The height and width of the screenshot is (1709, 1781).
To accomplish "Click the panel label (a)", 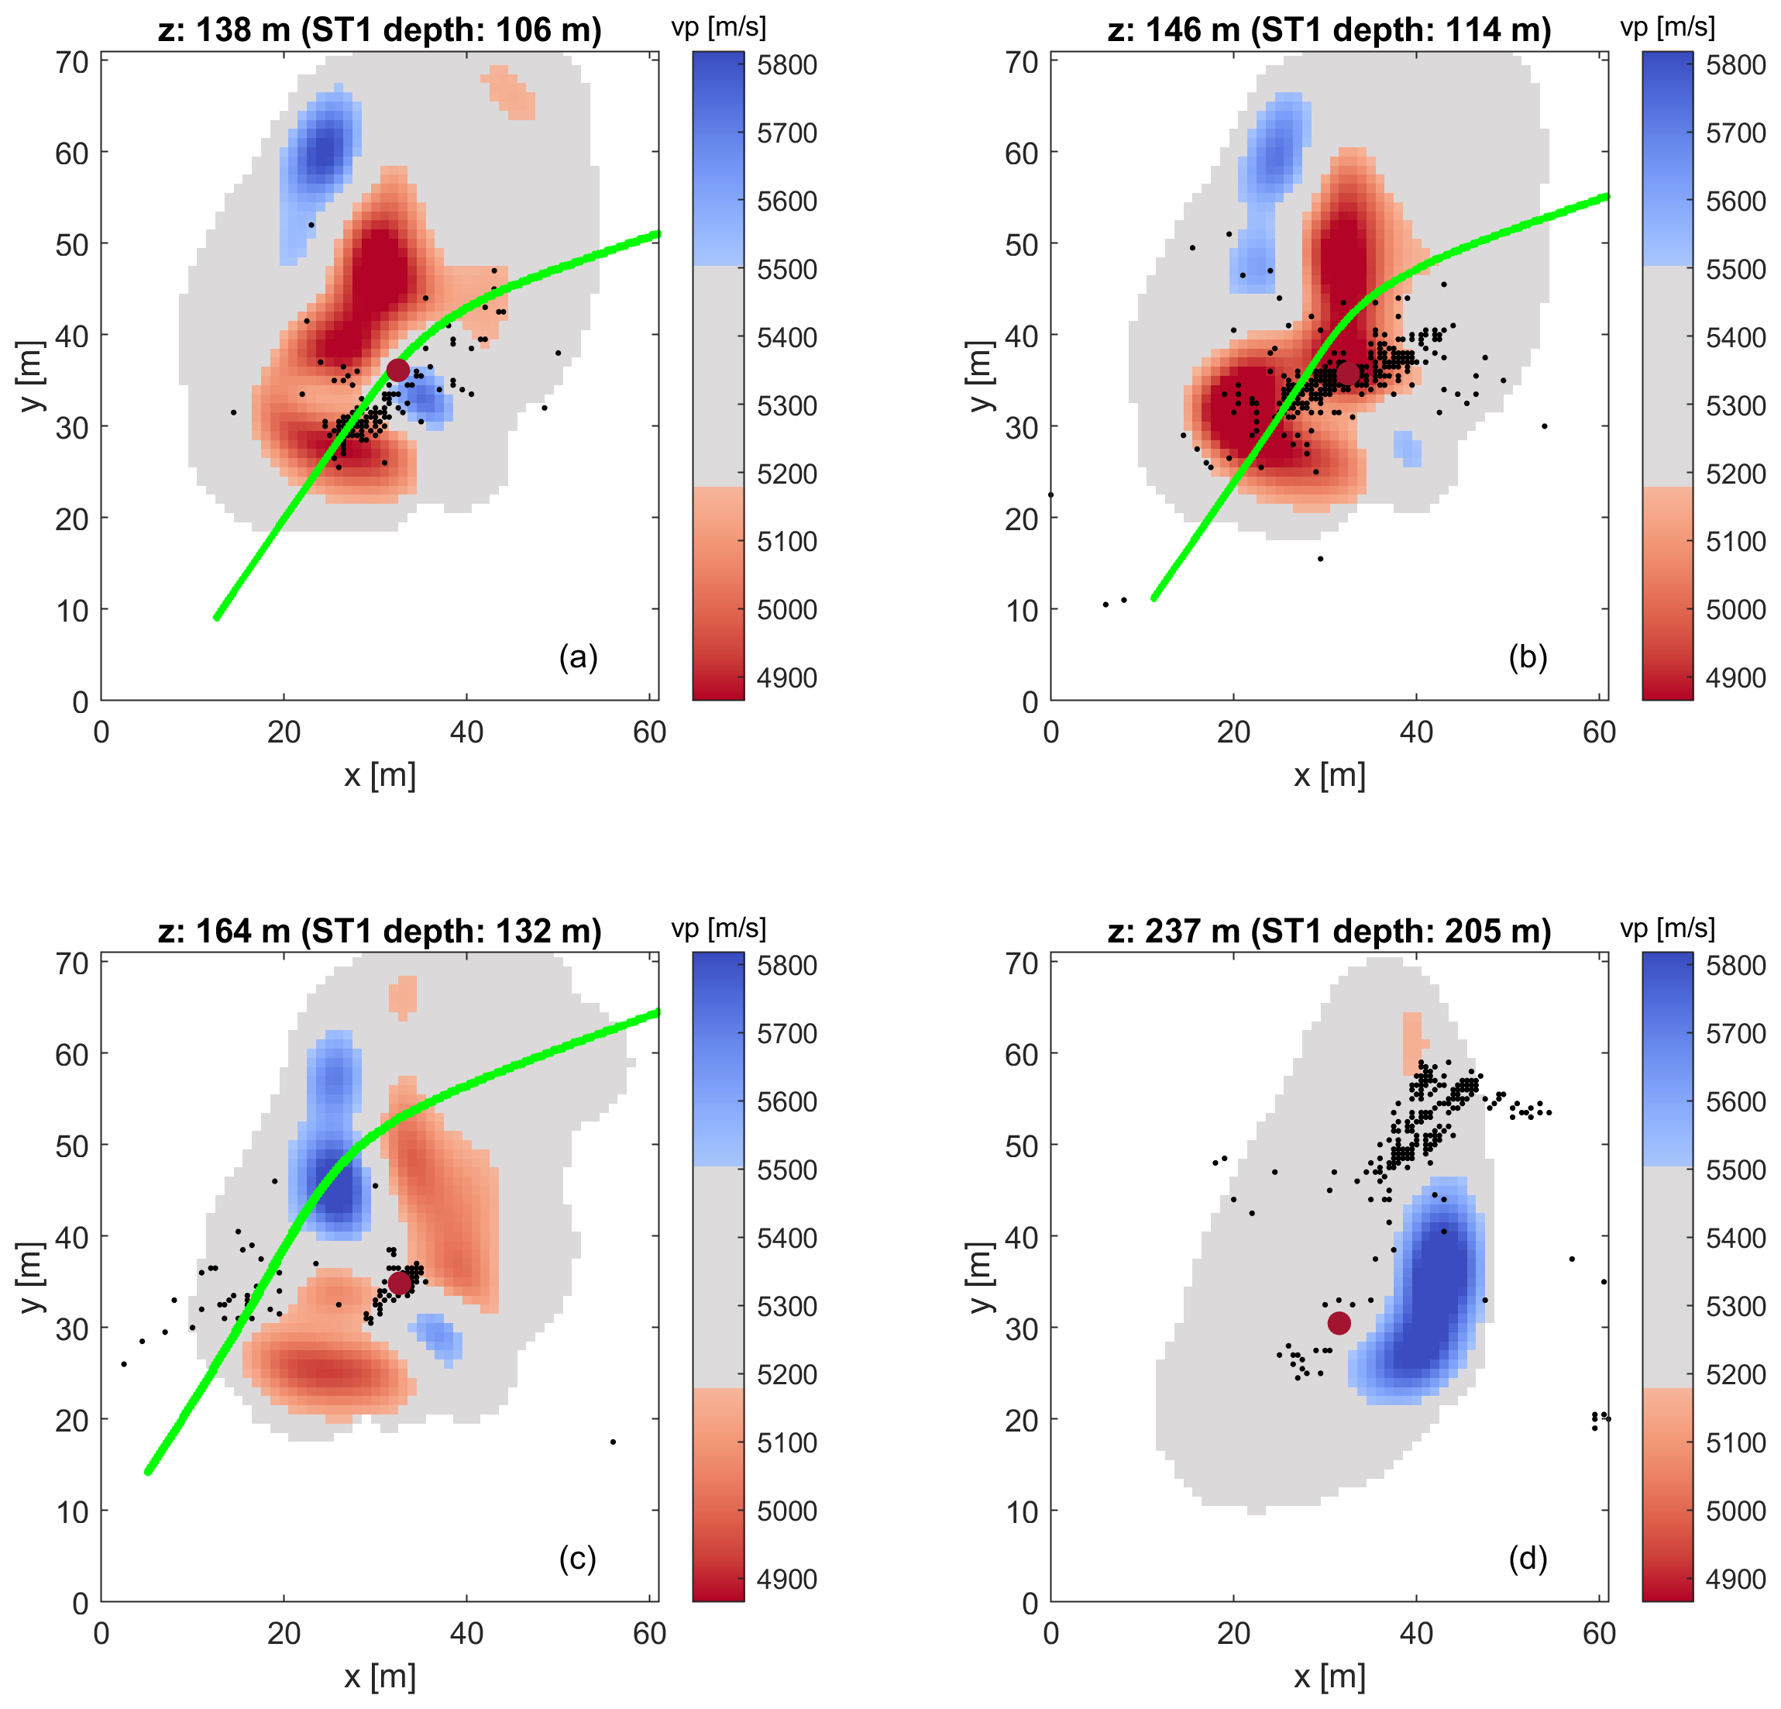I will (578, 656).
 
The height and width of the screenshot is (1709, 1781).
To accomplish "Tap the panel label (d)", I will (1528, 1557).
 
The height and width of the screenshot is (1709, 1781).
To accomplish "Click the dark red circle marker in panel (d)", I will (1339, 1323).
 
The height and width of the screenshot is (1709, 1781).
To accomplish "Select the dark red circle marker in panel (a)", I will (398, 370).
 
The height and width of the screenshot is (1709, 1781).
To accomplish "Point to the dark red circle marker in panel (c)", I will (399, 1283).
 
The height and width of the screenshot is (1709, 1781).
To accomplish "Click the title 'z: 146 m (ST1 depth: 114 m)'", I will (1329, 30).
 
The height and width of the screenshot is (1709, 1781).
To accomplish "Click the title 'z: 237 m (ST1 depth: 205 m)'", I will (1329, 931).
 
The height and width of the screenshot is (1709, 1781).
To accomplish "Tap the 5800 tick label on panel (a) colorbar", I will (787, 65).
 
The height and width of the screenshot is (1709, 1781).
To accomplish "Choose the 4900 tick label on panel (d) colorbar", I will (1735, 1579).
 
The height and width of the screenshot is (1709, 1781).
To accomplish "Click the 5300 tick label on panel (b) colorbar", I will (1735, 405).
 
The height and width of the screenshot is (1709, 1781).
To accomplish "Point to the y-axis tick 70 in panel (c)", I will (72, 963).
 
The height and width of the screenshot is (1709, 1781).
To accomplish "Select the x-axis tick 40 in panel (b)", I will (1415, 732).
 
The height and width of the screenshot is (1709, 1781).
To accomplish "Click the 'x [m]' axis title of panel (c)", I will (380, 1676).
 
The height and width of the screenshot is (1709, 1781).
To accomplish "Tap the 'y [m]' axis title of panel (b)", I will (979, 377).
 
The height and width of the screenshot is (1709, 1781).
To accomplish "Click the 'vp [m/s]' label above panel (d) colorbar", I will (1667, 929).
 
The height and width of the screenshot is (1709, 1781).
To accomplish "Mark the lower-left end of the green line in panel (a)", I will (217, 617).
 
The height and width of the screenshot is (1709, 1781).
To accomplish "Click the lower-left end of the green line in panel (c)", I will (149, 1471).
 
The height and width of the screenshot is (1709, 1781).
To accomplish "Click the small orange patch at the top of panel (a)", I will (509, 91).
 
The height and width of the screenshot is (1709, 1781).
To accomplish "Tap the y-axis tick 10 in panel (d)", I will (1021, 1511).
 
